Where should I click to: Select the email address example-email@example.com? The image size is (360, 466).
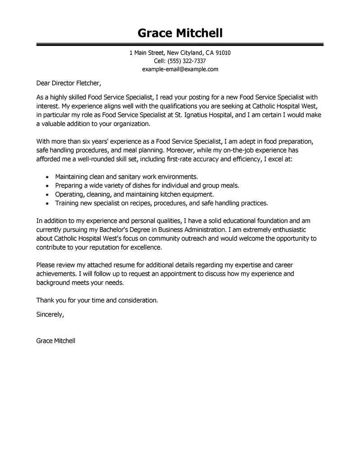[180, 69]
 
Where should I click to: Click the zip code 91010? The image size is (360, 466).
[223, 53]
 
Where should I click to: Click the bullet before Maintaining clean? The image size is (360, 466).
[47, 177]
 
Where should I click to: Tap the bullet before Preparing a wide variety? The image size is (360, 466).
[47, 185]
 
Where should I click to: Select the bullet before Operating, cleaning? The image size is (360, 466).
[47, 195]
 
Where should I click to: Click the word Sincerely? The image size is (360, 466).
[50, 314]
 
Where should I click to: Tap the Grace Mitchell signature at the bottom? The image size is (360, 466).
[56, 341]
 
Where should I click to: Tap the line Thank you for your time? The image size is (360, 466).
[97, 299]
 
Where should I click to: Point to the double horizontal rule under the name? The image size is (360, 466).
[180, 44]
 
